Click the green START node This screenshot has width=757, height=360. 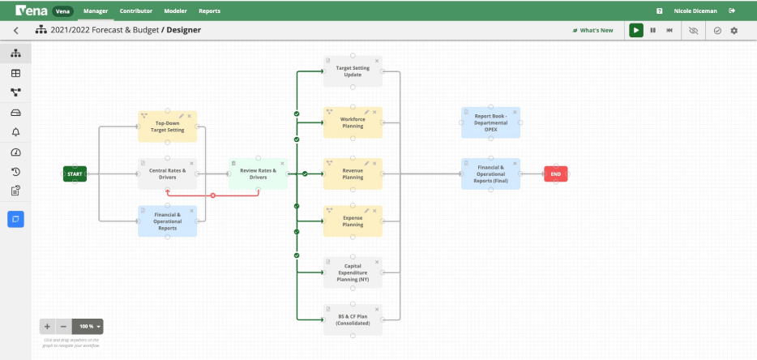click(x=75, y=174)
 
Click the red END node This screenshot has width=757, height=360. click(x=555, y=174)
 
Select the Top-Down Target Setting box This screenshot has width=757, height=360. click(x=167, y=127)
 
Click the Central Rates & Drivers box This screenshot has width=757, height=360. click(x=167, y=174)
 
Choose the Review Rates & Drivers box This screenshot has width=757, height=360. click(x=258, y=174)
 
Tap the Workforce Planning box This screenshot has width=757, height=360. click(x=353, y=123)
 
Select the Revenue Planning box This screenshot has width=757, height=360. click(x=353, y=174)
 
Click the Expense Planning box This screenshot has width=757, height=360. click(x=353, y=221)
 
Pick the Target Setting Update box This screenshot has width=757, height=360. click(x=353, y=71)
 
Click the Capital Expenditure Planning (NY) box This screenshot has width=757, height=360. click(x=353, y=272)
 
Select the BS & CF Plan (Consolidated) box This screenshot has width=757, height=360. click(x=353, y=319)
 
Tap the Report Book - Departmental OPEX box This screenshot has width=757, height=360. click(x=490, y=123)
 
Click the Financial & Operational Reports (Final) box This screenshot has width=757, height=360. click(x=490, y=174)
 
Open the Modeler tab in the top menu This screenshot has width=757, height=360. click(x=175, y=11)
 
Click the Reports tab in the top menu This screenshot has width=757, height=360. click(x=209, y=11)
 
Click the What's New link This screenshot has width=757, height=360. click(x=593, y=30)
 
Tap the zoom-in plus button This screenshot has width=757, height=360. click(x=47, y=326)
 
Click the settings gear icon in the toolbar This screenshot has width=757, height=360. click(x=734, y=30)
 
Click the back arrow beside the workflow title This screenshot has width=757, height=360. click(x=15, y=30)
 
